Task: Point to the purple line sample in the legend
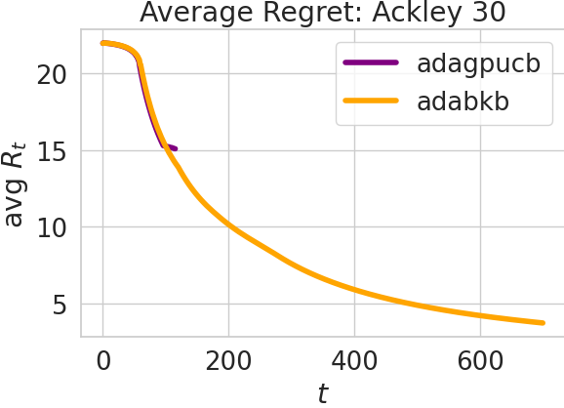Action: pos(371,64)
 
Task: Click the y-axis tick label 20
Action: pos(55,73)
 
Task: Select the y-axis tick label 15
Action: pos(55,150)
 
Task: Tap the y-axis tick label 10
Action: pos(55,227)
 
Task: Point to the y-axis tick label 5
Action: pos(61,305)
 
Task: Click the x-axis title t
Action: pos(323,392)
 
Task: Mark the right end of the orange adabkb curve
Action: pos(543,322)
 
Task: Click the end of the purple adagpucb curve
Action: pos(176,148)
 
